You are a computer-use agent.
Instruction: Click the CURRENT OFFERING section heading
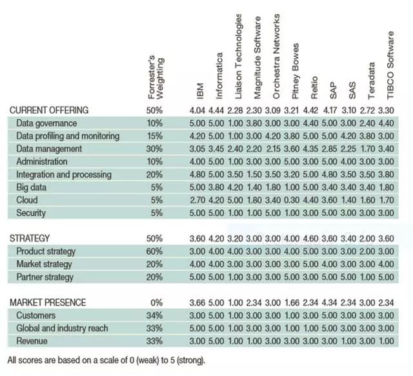tap(49, 110)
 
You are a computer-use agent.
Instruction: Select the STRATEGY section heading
tap(29, 238)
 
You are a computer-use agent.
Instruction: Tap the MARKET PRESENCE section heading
tap(47, 302)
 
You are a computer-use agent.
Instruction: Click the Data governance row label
tap(46, 123)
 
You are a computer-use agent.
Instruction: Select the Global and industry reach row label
tap(62, 328)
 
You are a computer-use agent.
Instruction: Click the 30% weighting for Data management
tap(154, 149)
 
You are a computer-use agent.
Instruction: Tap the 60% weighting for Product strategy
tap(154, 251)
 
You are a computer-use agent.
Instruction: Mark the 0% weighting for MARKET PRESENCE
tap(156, 302)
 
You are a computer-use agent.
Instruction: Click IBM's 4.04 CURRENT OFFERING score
tap(200, 110)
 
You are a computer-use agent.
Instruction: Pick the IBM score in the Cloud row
tap(200, 200)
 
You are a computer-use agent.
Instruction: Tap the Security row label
tap(31, 213)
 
